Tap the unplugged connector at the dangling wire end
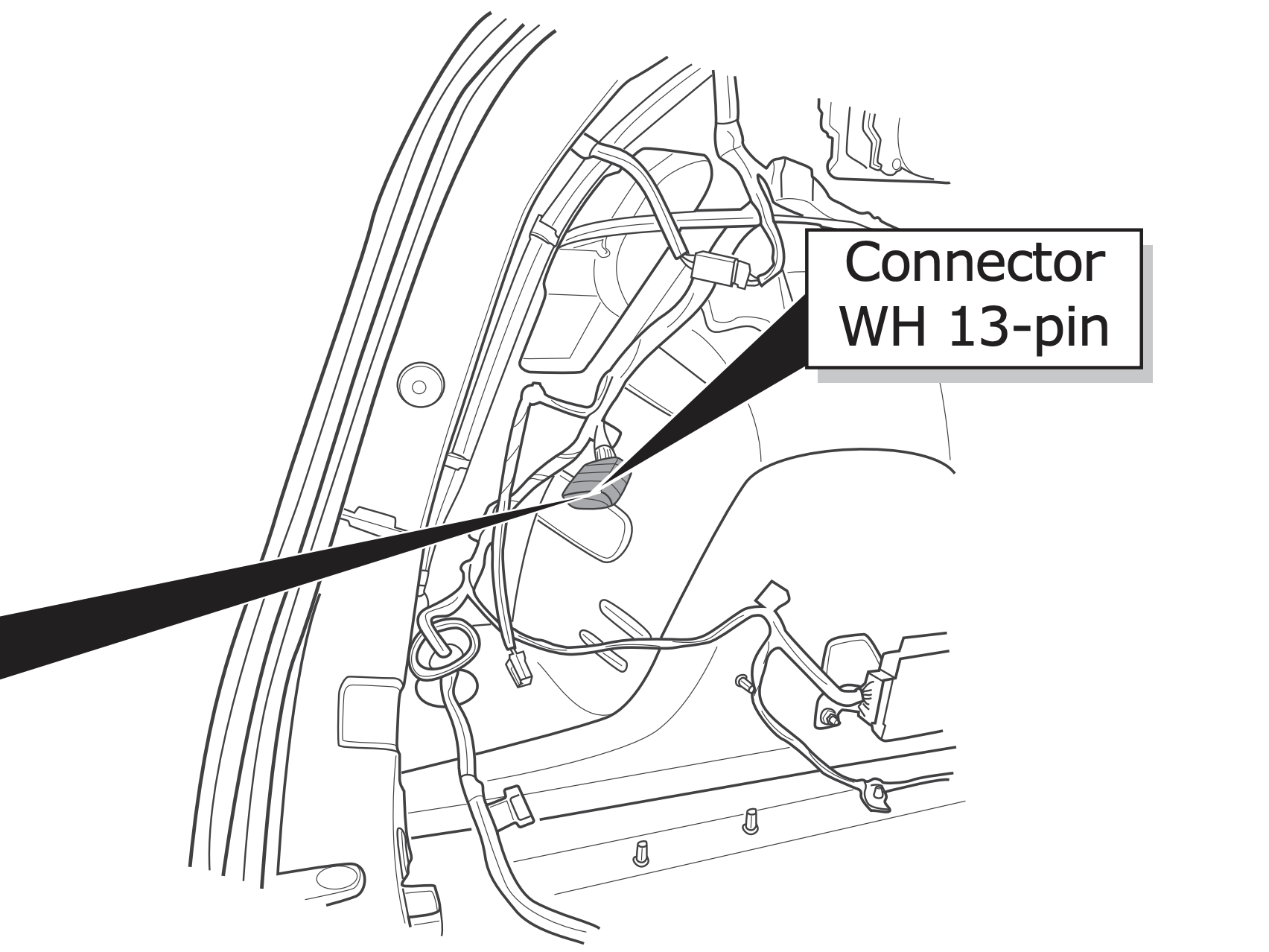pos(518,668)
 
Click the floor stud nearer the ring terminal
pos(749,822)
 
